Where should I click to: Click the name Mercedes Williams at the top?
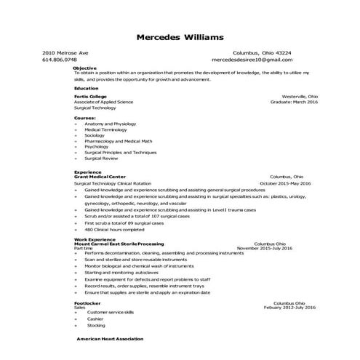tap(180, 37)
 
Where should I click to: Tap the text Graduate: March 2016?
tap(295, 102)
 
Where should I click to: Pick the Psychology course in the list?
tap(97, 146)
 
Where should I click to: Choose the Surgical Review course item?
tap(101, 158)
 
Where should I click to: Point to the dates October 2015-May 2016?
tap(285, 184)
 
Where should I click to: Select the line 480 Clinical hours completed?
tap(114, 229)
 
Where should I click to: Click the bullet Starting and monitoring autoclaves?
tap(125, 272)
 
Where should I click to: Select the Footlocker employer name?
tap(88, 303)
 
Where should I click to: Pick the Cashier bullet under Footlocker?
tap(95, 319)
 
